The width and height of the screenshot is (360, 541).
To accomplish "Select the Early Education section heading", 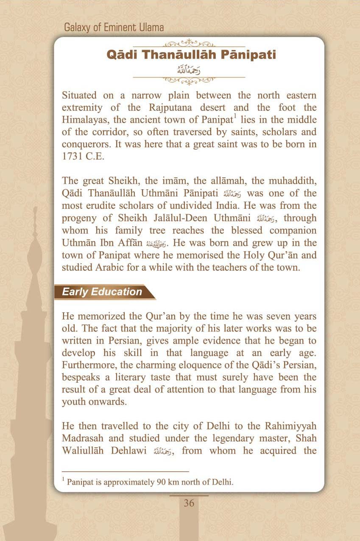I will (x=102, y=292).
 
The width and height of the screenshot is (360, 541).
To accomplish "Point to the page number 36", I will (x=189, y=503).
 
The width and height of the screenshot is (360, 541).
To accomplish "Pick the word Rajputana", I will (x=167, y=107).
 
